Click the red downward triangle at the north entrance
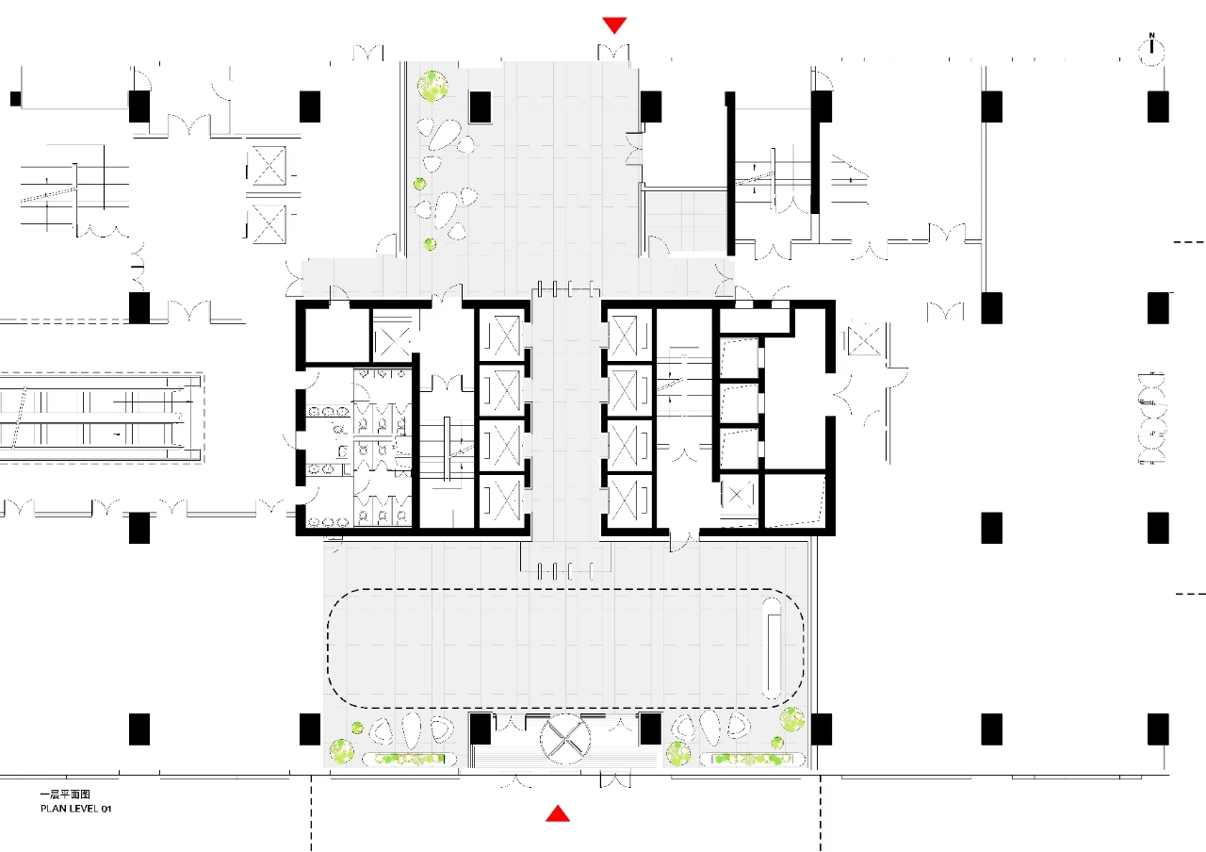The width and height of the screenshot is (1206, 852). click(x=614, y=25)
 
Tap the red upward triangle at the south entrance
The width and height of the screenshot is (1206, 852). click(x=558, y=813)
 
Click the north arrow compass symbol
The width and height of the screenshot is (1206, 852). click(x=1151, y=51)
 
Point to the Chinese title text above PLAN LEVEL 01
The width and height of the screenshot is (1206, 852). click(x=65, y=795)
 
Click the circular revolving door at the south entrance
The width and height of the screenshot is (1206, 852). click(x=564, y=740)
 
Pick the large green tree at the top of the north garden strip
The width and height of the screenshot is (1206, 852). click(x=432, y=86)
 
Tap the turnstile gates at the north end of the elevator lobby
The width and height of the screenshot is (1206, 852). click(x=566, y=288)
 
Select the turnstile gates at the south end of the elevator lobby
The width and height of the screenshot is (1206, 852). click(x=566, y=571)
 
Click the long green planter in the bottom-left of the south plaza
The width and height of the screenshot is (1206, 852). click(x=409, y=760)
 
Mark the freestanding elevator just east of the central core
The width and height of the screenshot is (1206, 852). click(x=864, y=340)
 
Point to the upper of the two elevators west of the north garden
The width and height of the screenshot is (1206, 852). click(x=267, y=165)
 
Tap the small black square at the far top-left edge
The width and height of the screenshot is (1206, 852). click(x=16, y=99)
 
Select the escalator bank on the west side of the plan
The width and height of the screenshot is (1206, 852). click(x=101, y=418)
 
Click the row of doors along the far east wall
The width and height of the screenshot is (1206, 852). click(x=1151, y=418)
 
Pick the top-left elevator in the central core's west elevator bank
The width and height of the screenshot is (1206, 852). click(x=500, y=335)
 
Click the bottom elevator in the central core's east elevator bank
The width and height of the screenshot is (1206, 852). click(x=628, y=500)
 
